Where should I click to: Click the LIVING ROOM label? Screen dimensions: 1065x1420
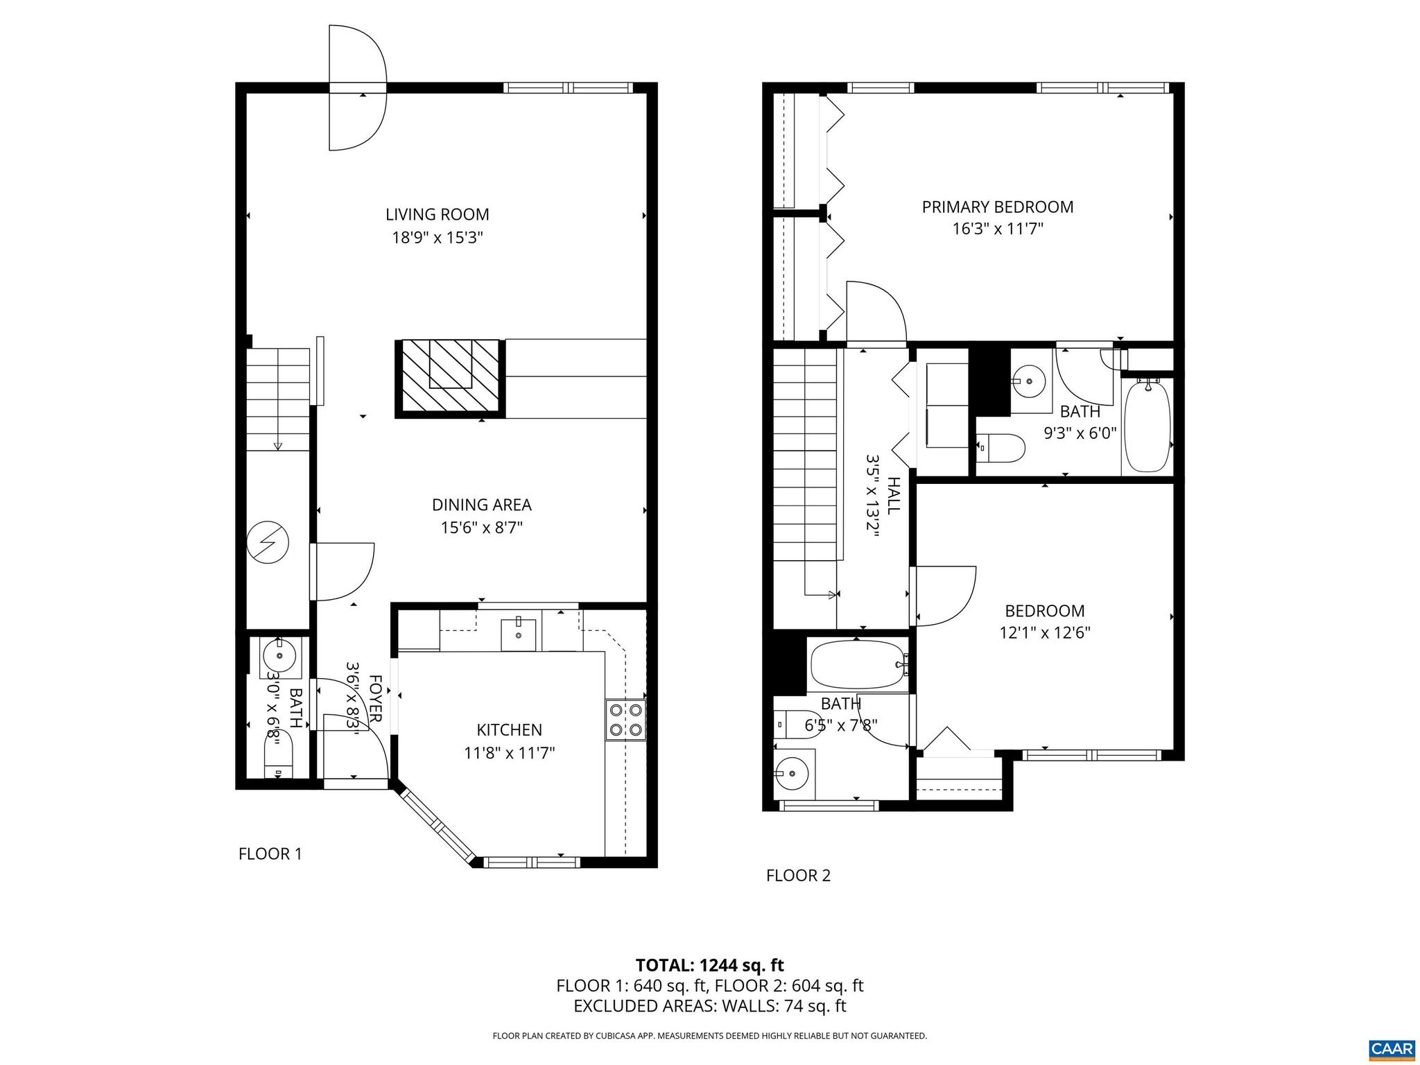pos(437,214)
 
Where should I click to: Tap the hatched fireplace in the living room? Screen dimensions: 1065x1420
pos(450,378)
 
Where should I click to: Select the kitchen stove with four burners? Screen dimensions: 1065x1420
pos(626,720)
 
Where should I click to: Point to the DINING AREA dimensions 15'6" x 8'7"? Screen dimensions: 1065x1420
pos(481,528)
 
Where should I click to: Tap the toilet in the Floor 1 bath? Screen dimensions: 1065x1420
pos(279,757)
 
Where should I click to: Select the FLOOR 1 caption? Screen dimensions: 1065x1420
pos(270,854)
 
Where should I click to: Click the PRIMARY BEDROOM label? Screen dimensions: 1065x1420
pos(997,207)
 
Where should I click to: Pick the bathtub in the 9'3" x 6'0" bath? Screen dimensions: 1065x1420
pos(1146,426)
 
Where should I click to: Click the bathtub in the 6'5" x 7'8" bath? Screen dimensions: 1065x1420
pos(858,665)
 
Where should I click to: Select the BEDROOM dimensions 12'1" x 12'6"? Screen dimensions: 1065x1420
pos(1045,632)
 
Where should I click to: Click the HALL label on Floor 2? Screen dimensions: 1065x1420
pos(894,495)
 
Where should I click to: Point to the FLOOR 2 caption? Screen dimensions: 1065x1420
pos(797,875)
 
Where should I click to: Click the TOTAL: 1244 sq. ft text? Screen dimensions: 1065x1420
pos(709,964)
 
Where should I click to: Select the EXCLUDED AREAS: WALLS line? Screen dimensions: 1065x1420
pos(709,1006)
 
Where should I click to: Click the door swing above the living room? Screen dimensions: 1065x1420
pos(356,87)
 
